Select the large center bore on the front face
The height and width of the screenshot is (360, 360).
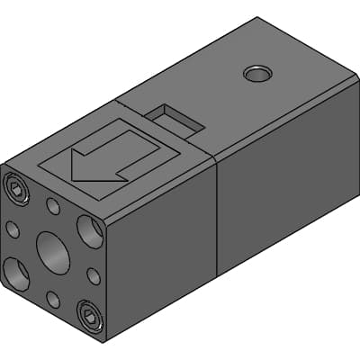click(53, 252)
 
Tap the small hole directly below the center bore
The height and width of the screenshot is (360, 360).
click(53, 300)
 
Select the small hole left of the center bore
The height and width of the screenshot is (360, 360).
click(13, 229)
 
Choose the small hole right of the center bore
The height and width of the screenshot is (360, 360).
click(94, 275)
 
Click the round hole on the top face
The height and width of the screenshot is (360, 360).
click(257, 73)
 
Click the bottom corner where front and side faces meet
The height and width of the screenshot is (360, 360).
click(107, 341)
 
